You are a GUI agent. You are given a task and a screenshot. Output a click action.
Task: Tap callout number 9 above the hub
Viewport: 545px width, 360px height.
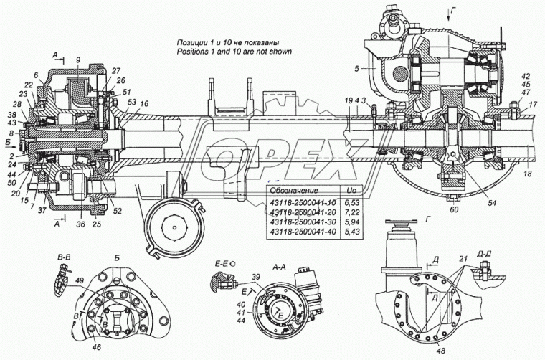[77, 58]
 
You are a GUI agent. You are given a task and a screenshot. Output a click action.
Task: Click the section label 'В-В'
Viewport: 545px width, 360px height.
[65, 256]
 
